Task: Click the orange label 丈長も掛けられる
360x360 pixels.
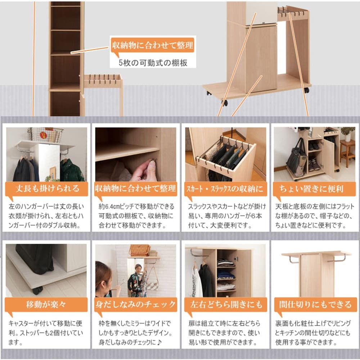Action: (x=47, y=189)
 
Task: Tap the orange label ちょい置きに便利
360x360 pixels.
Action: (x=314, y=189)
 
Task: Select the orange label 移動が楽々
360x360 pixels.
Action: (x=46, y=305)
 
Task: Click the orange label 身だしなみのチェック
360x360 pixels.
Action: (x=136, y=305)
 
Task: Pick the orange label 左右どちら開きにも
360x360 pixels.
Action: (x=226, y=305)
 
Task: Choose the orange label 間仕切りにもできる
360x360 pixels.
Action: (x=315, y=305)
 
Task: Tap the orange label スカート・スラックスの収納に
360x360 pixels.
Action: (x=226, y=189)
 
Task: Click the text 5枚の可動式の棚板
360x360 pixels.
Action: (x=153, y=63)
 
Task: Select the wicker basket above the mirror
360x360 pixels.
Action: (x=139, y=250)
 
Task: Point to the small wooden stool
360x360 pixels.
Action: (x=347, y=153)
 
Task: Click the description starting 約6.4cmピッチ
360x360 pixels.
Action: (x=136, y=216)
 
